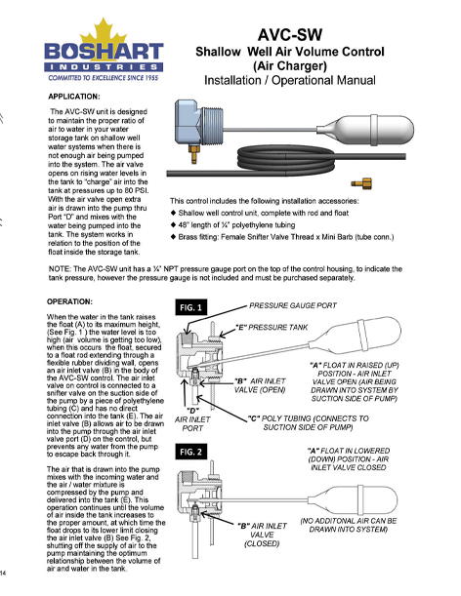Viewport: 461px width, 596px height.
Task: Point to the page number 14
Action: tap(6, 572)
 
